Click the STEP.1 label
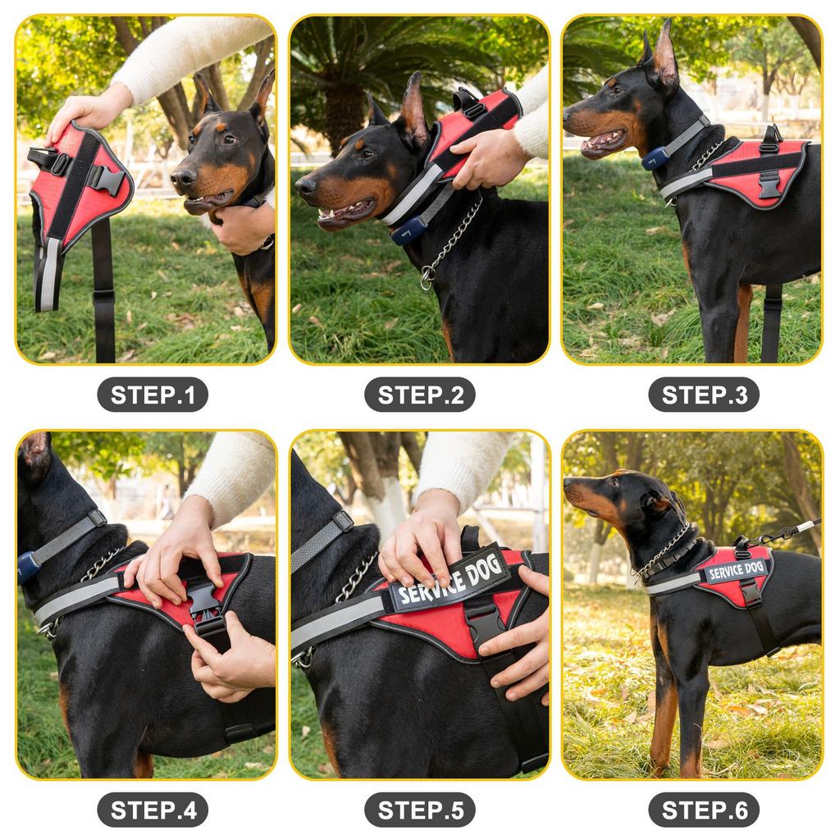(x=153, y=395)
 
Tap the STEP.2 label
(x=420, y=395)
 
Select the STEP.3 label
(x=704, y=395)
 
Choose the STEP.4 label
(x=153, y=810)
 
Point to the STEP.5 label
(x=420, y=810)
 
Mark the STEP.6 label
(x=704, y=810)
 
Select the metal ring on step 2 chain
(x=427, y=278)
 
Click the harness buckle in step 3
(x=769, y=184)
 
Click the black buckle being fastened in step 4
(x=204, y=608)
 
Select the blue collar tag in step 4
(x=29, y=567)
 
